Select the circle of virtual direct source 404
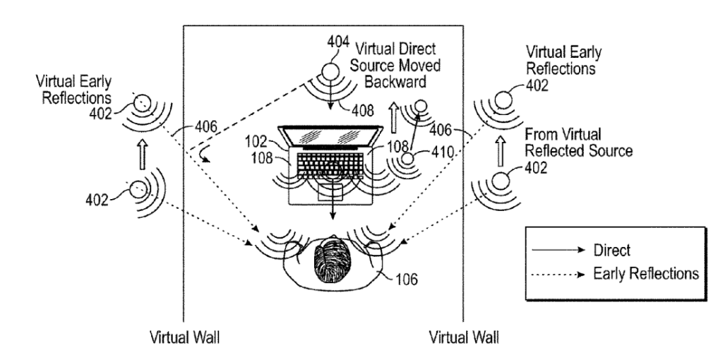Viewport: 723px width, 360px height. pyautogui.click(x=334, y=73)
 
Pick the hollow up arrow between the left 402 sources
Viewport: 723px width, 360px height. pyautogui.click(x=143, y=155)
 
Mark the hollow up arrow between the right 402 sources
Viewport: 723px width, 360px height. pyautogui.click(x=503, y=150)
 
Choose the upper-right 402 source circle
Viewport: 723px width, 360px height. pyautogui.click(x=504, y=99)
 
